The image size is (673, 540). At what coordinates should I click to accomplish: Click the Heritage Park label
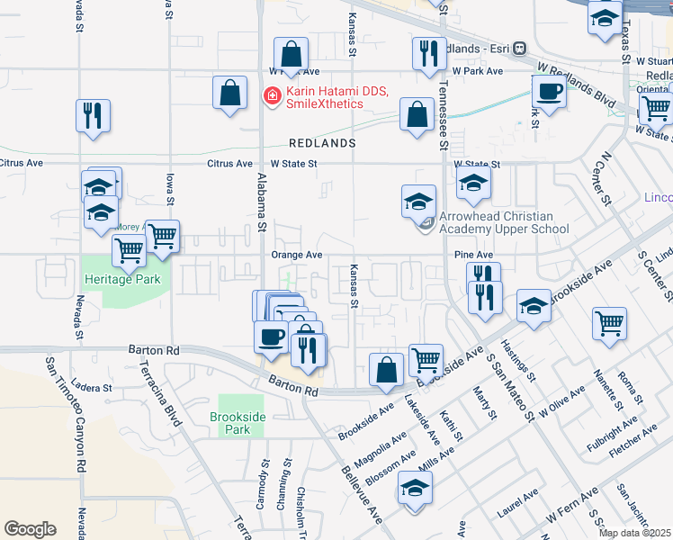(x=122, y=279)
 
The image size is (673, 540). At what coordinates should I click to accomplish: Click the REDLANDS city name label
(x=322, y=143)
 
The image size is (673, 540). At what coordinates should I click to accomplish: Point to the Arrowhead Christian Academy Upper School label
(x=504, y=222)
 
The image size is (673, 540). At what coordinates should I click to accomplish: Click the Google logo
(x=30, y=529)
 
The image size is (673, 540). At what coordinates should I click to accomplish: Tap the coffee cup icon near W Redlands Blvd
(x=548, y=91)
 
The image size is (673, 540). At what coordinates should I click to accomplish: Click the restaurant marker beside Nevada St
(x=93, y=115)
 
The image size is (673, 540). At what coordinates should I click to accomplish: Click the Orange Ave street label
(x=296, y=255)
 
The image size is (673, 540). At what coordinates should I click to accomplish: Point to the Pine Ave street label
(x=473, y=255)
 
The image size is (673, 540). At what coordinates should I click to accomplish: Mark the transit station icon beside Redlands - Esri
(x=520, y=49)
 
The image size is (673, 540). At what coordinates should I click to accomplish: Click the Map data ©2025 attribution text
(x=634, y=533)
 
